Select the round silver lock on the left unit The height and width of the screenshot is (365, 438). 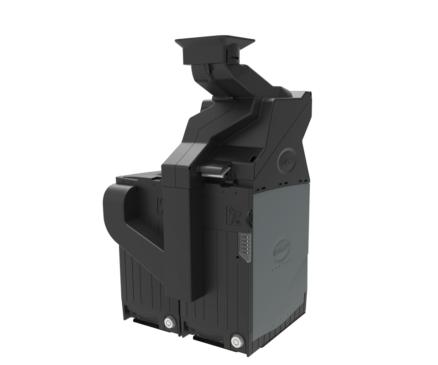point(171,322)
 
